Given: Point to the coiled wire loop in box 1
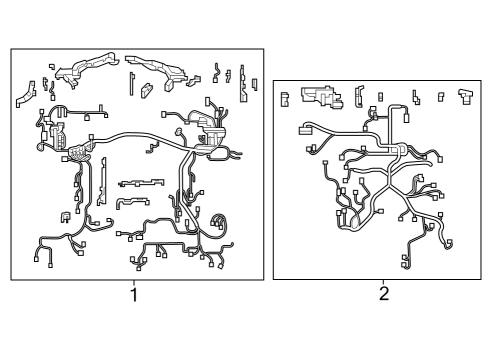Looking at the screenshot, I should tap(222, 222).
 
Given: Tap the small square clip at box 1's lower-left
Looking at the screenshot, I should tap(66, 214).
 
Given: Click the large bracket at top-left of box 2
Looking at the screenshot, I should tap(321, 97).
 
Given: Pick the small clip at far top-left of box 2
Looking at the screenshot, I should tap(284, 98).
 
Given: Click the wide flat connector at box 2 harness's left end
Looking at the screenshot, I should tap(307, 129).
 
